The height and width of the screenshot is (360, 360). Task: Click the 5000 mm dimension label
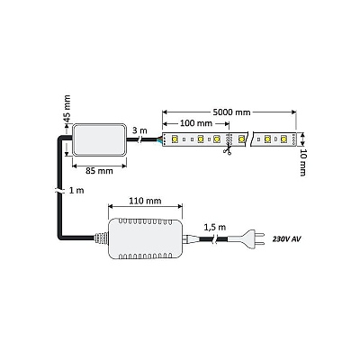point(231,112)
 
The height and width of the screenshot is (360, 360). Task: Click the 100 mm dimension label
point(196,123)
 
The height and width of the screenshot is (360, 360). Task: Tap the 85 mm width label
point(99,171)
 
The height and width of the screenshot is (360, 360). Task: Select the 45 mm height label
point(67,108)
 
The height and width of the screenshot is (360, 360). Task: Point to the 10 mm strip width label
point(303,162)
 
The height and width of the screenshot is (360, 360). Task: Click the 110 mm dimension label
point(145,201)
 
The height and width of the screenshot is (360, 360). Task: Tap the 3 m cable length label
point(139,130)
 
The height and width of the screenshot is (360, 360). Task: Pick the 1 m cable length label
point(76,190)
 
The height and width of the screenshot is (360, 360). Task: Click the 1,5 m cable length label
point(215,227)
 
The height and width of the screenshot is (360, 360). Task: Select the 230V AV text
point(286,239)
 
